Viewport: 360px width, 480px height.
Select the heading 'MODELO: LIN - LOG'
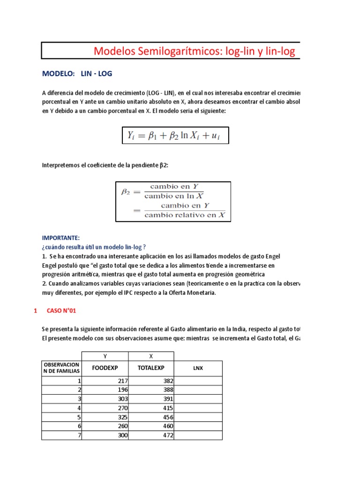click(x=77, y=74)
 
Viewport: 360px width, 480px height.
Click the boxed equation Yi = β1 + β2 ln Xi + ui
click(x=175, y=136)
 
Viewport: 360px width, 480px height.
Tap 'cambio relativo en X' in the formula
click(x=185, y=215)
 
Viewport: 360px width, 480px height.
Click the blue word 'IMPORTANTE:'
click(x=61, y=238)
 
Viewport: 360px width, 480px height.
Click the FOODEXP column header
click(x=105, y=368)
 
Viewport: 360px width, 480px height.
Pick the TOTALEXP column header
click(x=151, y=368)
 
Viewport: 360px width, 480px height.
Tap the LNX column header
click(x=198, y=368)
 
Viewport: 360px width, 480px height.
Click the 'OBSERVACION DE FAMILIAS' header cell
click(x=61, y=368)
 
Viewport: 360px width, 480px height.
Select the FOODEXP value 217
click(x=123, y=381)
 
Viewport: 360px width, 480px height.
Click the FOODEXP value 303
click(x=123, y=399)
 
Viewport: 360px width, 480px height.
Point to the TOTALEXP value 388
click(x=168, y=390)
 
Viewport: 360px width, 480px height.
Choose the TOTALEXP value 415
click(x=168, y=408)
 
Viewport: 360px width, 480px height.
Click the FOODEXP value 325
click(x=123, y=417)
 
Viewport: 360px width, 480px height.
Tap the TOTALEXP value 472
click(x=168, y=435)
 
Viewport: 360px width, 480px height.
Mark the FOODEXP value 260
click(x=123, y=426)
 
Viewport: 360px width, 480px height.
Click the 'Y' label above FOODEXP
click(x=105, y=356)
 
